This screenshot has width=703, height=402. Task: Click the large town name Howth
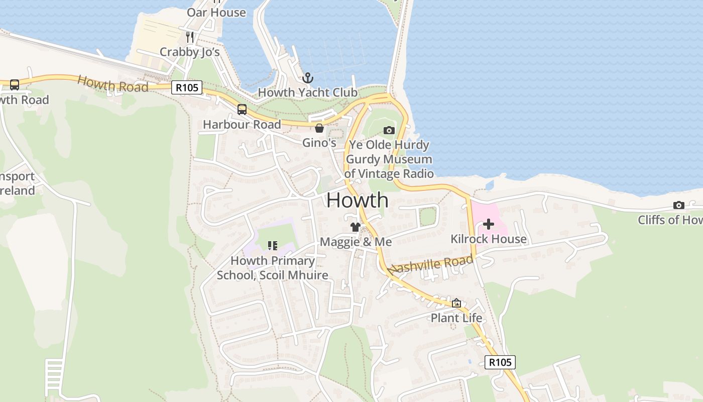(357, 200)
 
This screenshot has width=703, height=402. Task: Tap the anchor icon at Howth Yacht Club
(307, 78)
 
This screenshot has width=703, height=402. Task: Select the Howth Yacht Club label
(307, 92)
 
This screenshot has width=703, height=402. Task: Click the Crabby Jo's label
(189, 52)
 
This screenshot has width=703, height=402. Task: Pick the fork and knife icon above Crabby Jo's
(190, 37)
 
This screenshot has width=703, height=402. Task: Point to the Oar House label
(216, 12)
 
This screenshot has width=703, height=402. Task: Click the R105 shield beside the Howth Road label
(186, 87)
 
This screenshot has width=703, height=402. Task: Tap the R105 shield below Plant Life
(500, 362)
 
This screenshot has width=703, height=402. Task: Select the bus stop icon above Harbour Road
(242, 109)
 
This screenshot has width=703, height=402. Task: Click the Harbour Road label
(242, 124)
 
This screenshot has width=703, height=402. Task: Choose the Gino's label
(319, 143)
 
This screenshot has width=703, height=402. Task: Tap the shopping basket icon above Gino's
(319, 128)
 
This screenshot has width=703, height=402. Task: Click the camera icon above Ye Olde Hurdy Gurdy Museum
(389, 131)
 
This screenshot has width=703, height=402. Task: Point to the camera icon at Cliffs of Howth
(678, 205)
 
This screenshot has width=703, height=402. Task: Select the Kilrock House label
(488, 239)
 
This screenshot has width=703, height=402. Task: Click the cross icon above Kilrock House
(488, 224)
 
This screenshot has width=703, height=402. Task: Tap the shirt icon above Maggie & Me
(356, 227)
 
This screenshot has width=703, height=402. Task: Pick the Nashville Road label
(431, 264)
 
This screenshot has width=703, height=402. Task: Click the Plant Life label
(456, 318)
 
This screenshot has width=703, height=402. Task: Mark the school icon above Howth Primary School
(272, 246)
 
